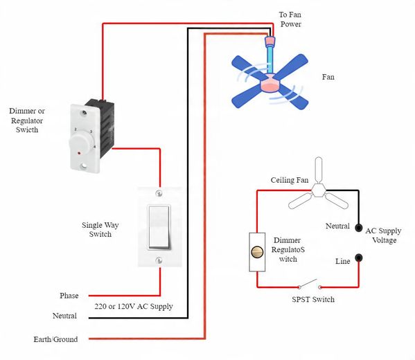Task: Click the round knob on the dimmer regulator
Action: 80,143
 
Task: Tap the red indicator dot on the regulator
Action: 79,153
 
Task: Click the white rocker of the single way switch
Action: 159,227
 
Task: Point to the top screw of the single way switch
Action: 159,193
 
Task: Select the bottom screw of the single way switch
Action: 159,260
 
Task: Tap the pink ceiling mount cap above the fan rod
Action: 270,41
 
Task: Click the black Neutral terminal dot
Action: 359,228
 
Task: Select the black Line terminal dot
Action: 359,258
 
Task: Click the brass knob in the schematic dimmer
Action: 257,252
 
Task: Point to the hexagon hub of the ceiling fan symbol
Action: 319,190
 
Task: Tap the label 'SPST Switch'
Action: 313,300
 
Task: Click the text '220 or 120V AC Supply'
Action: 134,306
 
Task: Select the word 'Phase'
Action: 69,296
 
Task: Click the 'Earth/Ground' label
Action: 55,339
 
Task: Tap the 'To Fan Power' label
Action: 290,19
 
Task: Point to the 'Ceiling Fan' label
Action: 290,180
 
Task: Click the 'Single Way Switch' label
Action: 100,229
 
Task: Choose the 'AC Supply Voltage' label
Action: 384,235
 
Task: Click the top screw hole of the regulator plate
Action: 85,114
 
